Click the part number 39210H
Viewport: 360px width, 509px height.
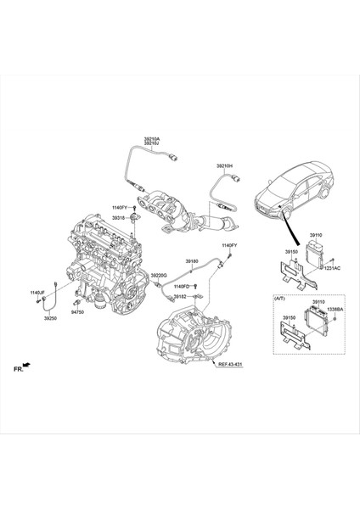(x=224, y=166)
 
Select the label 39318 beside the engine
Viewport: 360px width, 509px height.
(x=120, y=217)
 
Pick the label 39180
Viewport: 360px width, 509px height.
(x=192, y=261)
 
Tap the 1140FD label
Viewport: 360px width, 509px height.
(x=181, y=287)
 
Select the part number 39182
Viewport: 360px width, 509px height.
(x=181, y=298)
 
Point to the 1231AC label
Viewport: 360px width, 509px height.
(x=331, y=267)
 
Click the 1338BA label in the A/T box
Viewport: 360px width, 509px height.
(x=335, y=310)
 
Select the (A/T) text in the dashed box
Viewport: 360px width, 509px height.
(x=281, y=299)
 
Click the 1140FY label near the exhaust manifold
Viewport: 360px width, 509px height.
(x=119, y=207)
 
